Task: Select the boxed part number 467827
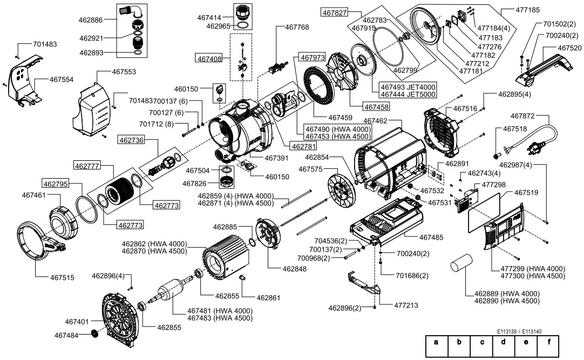point(335,12)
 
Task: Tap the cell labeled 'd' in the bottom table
point(503,342)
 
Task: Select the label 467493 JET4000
point(408,87)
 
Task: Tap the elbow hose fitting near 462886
point(130,11)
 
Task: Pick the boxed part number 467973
point(313,57)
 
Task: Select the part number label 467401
point(77,321)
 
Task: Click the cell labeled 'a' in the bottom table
point(437,342)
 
